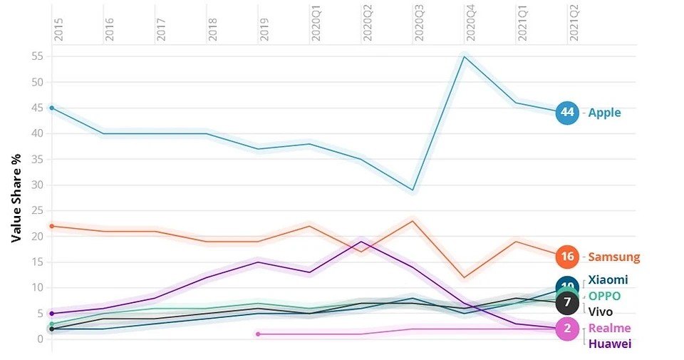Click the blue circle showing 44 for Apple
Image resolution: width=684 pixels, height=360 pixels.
pyautogui.click(x=567, y=113)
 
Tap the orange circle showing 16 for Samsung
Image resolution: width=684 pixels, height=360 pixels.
pyautogui.click(x=567, y=257)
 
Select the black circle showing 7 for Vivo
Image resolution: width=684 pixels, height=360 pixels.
pyautogui.click(x=567, y=302)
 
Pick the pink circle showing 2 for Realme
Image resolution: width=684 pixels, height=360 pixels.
pyautogui.click(x=567, y=328)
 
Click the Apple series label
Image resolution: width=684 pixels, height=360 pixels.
pyautogui.click(x=604, y=113)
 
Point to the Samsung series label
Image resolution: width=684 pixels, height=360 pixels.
pyautogui.click(x=613, y=257)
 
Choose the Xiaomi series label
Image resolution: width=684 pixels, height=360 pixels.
pyautogui.click(x=608, y=280)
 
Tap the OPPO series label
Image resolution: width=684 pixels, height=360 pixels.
pyautogui.click(x=604, y=296)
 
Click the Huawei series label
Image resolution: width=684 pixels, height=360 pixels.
pyautogui.click(x=609, y=344)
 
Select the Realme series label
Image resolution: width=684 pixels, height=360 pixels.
pyautogui.click(x=609, y=328)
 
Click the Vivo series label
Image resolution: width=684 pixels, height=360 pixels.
pyautogui.click(x=601, y=311)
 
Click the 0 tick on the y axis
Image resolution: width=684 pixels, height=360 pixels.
pyautogui.click(x=41, y=339)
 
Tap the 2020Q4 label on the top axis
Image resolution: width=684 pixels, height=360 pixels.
pyautogui.click(x=470, y=24)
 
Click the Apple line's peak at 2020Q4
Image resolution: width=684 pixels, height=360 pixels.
pyautogui.click(x=464, y=56)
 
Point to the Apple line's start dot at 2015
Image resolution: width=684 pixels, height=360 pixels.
pyautogui.click(x=51, y=108)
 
